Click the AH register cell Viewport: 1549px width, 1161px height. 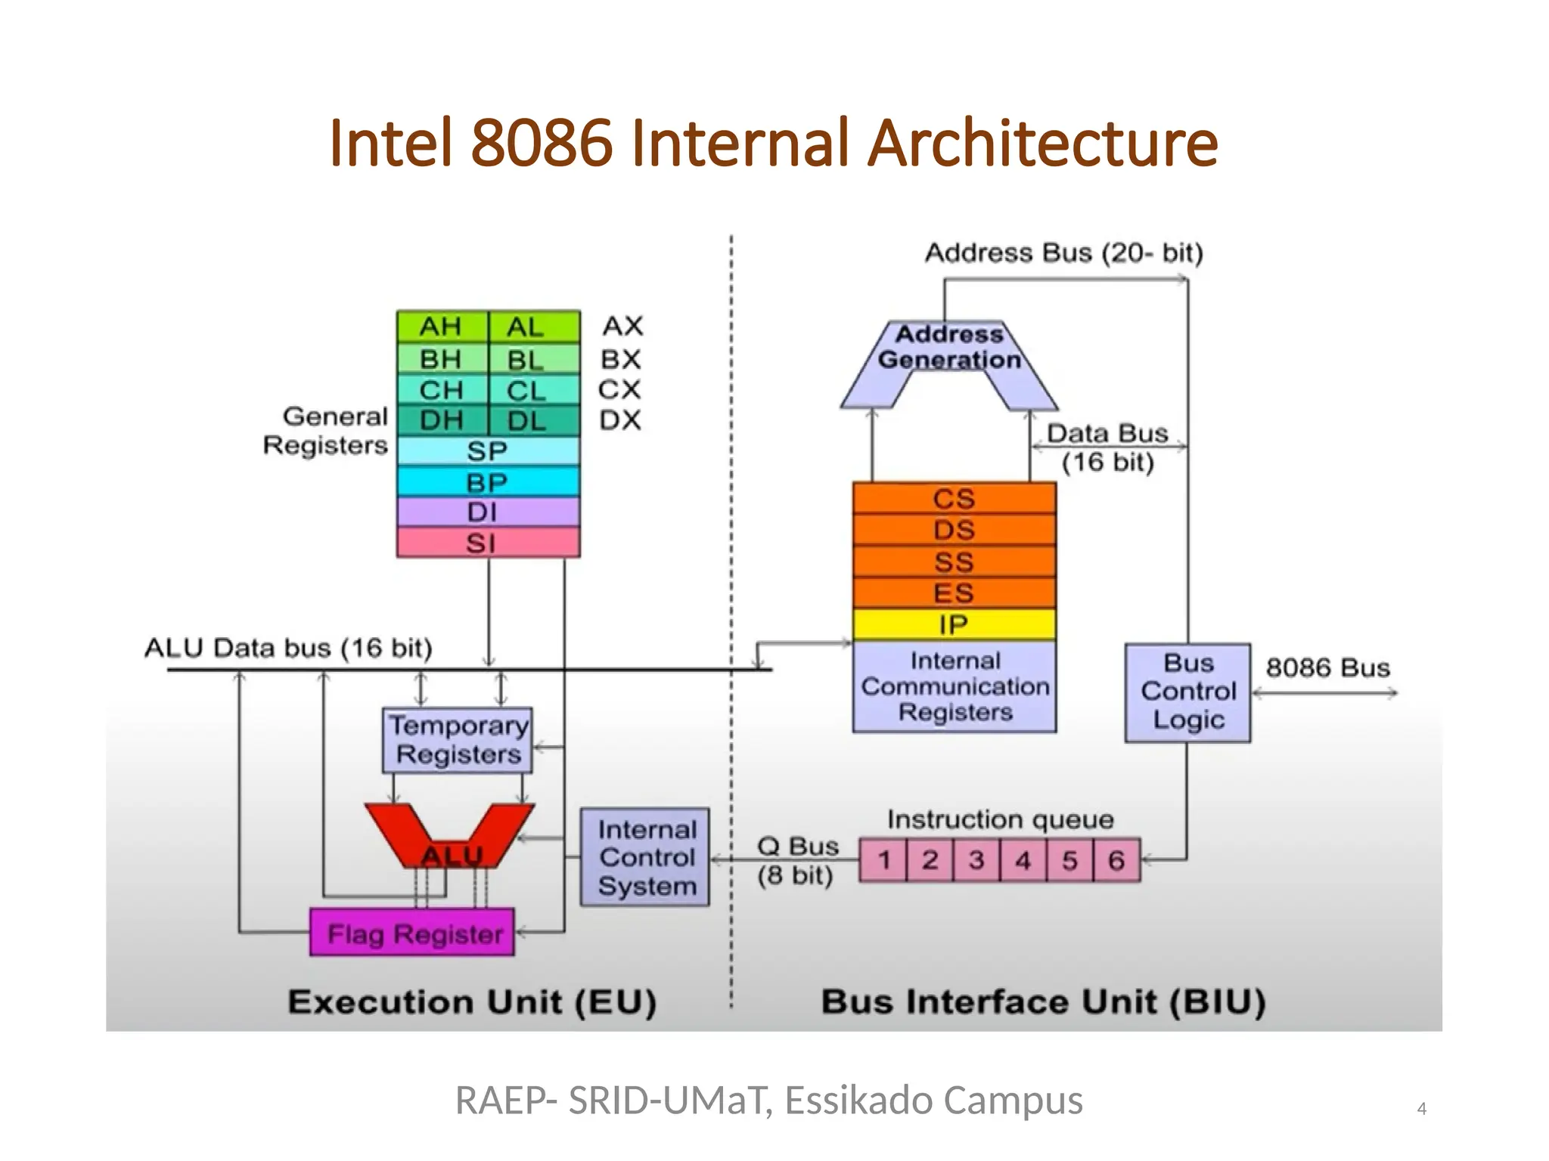tap(441, 327)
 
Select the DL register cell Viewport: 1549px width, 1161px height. tap(534, 421)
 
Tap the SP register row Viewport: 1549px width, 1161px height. tap(488, 451)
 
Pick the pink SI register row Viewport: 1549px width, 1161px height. tap(488, 543)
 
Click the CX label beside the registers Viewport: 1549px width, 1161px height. tap(619, 389)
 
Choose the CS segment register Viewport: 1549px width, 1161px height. tap(954, 499)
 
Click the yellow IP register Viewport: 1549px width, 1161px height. tap(954, 624)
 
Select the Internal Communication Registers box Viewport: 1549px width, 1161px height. tap(955, 686)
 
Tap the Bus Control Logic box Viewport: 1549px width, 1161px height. tap(1187, 692)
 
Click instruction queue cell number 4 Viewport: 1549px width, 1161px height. tap(1023, 860)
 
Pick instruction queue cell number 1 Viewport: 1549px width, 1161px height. tap(883, 860)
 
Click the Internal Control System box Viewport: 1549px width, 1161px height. tap(645, 857)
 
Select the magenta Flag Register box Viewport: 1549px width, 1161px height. tap(413, 933)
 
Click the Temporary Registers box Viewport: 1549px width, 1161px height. tap(458, 740)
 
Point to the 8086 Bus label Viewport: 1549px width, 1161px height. tap(1327, 668)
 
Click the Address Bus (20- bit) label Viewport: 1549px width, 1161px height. tap(1063, 252)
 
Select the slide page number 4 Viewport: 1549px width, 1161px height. tap(1421, 1109)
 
